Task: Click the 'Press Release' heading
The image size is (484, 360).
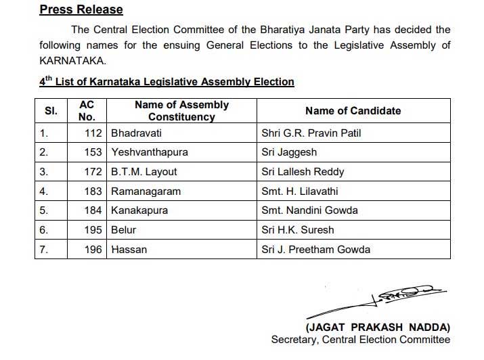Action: pyautogui.click(x=81, y=9)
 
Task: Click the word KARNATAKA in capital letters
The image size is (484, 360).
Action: pyautogui.click(x=70, y=60)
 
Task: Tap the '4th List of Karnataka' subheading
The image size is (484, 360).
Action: pyautogui.click(x=167, y=82)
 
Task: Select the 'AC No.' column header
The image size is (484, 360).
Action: pyautogui.click(x=87, y=110)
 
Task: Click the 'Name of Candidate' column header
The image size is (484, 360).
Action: pyautogui.click(x=353, y=110)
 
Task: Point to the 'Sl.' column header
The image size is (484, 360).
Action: pyautogui.click(x=51, y=110)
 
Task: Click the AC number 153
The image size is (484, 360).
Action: pyautogui.click(x=93, y=152)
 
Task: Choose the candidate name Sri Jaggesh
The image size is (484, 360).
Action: pyautogui.click(x=289, y=152)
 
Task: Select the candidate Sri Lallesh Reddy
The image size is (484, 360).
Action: pyautogui.click(x=303, y=172)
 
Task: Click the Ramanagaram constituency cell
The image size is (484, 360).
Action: pyautogui.click(x=146, y=192)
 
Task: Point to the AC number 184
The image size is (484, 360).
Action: pyautogui.click(x=93, y=210)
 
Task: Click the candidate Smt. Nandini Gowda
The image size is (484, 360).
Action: pyautogui.click(x=309, y=210)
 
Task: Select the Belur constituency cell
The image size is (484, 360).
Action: pyautogui.click(x=125, y=230)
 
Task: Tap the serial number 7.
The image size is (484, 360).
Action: pyautogui.click(x=43, y=250)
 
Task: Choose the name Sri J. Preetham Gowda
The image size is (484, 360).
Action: pyautogui.click(x=315, y=250)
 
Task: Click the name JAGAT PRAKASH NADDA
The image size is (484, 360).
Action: pyautogui.click(x=377, y=327)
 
